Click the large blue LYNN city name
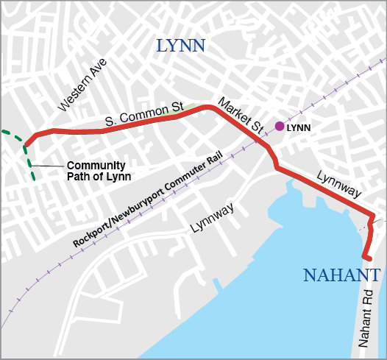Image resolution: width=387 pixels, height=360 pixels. tap(181, 47)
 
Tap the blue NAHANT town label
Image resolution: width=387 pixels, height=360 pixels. tap(341, 276)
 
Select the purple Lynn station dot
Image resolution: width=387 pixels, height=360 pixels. tap(280, 126)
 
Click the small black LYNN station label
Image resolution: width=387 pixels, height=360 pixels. tap(299, 127)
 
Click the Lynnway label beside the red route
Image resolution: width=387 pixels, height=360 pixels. tap(339, 184)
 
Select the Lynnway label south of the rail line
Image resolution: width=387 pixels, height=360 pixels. tap(212, 217)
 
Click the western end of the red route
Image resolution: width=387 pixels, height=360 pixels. tap(27, 144)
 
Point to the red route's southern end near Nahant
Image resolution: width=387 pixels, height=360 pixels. tap(366, 257)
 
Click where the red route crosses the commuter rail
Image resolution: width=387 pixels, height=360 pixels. tap(267, 146)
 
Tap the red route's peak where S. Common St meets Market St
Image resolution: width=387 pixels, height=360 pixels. tap(209, 107)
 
